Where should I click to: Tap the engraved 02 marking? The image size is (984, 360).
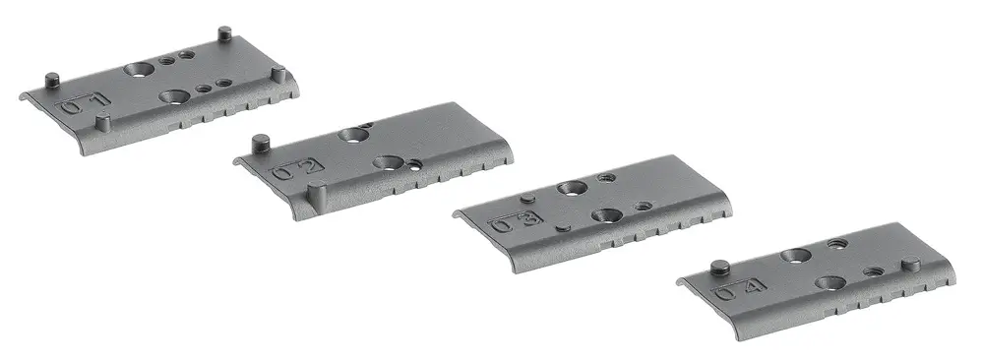pyautogui.click(x=295, y=170)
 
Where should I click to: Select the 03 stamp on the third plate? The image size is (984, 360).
pyautogui.click(x=517, y=222)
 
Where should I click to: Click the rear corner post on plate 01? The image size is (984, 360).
pyautogui.click(x=224, y=34)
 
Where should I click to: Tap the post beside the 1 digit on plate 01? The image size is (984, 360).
pyautogui.click(x=102, y=124)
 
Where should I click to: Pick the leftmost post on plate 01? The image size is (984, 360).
pyautogui.click(x=52, y=79)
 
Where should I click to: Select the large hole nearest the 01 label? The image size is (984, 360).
pyautogui.click(x=174, y=96)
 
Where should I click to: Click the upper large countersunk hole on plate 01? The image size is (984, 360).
pyautogui.click(x=139, y=70)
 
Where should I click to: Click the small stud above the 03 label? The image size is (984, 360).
pyautogui.click(x=528, y=200)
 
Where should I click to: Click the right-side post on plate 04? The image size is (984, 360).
pyautogui.click(x=911, y=264)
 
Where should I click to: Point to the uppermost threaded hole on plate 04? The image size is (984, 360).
pyautogui.click(x=838, y=242)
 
